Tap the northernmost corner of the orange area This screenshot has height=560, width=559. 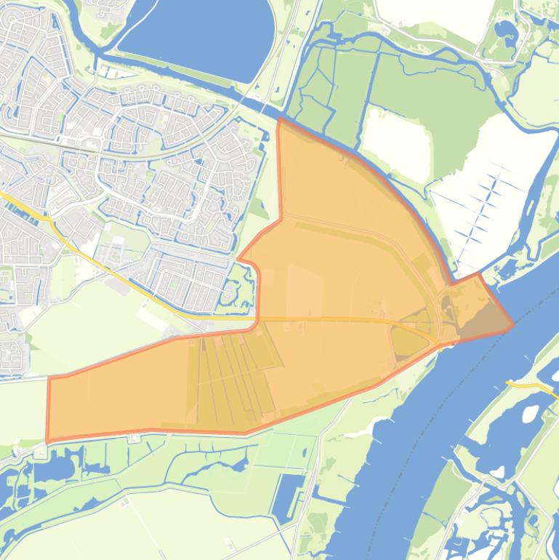(x=280, y=119)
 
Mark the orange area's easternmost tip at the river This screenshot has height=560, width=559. (x=513, y=325)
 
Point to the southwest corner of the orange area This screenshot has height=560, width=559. (x=48, y=440)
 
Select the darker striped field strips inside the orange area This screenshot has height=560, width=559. (x=233, y=378)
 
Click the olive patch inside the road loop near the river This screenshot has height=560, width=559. (x=407, y=342)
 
